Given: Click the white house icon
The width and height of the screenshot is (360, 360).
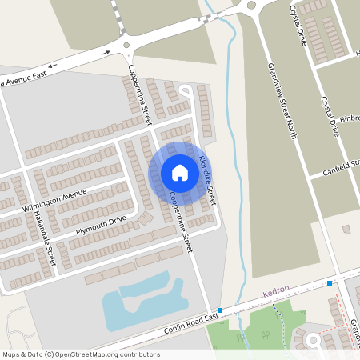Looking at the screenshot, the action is (x=180, y=173).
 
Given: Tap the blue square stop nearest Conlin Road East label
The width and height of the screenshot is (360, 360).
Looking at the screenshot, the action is (x=220, y=310).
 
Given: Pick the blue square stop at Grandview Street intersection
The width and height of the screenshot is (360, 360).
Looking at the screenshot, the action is (x=330, y=283).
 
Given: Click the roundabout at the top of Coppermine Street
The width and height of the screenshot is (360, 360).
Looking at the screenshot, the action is (x=126, y=46).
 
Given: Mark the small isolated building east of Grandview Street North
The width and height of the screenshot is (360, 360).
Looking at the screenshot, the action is (x=346, y=229).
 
